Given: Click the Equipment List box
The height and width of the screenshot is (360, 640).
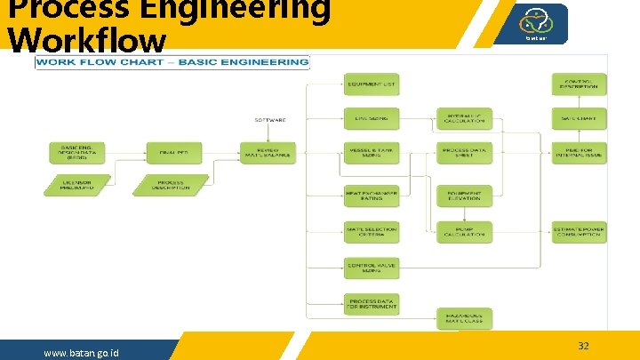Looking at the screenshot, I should pos(372,84).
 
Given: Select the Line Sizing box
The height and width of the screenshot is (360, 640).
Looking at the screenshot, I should pos(372,118).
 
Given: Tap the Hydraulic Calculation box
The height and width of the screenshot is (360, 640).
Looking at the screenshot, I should pos(464,118).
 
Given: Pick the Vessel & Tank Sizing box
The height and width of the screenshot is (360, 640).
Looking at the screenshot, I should pos(372,152).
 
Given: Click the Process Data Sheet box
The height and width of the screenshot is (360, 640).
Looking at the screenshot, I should pos(464,152).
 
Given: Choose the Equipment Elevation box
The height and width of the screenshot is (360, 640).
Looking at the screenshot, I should pos(464,196).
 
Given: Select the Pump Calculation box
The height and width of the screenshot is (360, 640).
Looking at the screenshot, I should pos(464,231).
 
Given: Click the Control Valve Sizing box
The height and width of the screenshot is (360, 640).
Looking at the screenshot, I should pos(372,267).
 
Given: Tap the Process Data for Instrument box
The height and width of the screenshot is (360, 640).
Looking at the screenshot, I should pos(372,303).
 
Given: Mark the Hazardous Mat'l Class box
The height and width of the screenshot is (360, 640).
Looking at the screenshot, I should pos(464,317).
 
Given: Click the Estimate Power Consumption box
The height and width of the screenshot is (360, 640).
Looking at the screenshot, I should pos(580,231).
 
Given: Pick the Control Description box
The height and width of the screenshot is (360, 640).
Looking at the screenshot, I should pos(580,84).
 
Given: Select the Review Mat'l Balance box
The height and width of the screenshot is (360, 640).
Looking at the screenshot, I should pos(268,153).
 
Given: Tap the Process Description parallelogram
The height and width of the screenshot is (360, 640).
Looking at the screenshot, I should pos(171,185).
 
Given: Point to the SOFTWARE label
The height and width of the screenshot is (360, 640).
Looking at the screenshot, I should pos(270,119).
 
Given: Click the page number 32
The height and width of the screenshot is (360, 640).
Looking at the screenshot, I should pos(583,346).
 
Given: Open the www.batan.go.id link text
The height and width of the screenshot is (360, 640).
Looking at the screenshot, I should pos(82,354).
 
